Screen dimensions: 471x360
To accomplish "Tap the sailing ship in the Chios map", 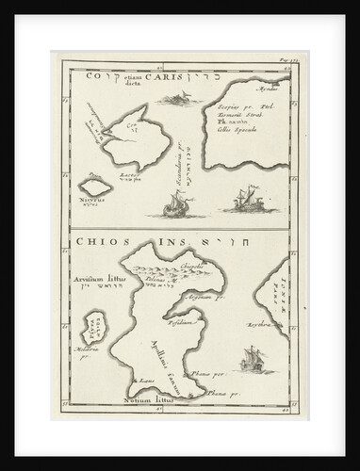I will tap(251, 359).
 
